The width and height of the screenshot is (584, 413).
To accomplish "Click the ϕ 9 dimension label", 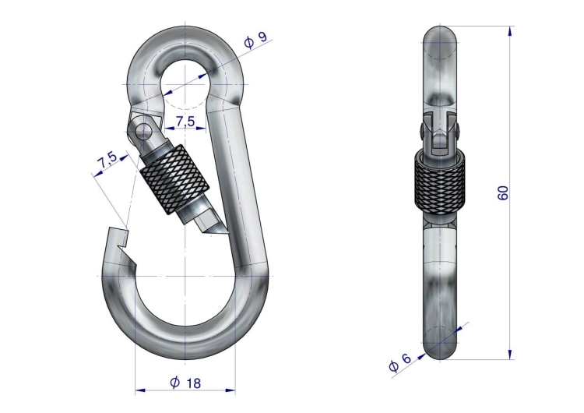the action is tap(256, 40).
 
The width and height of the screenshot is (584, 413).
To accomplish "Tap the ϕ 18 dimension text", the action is tap(185, 383).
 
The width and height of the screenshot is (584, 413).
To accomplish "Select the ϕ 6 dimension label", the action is tap(399, 362).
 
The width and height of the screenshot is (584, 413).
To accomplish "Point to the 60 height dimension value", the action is tap(503, 192).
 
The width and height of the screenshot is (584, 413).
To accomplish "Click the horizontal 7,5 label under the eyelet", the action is tap(185, 121).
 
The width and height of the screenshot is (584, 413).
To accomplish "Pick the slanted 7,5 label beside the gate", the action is tap(107, 160).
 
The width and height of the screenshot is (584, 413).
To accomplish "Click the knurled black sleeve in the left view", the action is tap(174, 179).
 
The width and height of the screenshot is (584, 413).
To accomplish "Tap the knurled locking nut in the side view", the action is tap(439, 183).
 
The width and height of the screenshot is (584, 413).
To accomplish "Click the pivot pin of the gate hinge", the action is tap(143, 131).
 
